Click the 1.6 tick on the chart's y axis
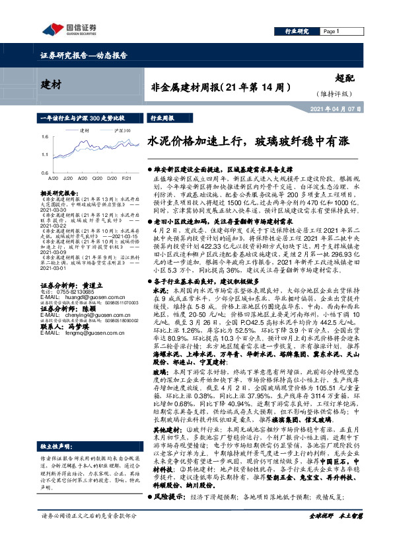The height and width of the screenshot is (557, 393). pyautogui.click(x=44, y=137)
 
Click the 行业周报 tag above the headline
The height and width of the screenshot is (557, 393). pyautogui.click(x=163, y=118)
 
